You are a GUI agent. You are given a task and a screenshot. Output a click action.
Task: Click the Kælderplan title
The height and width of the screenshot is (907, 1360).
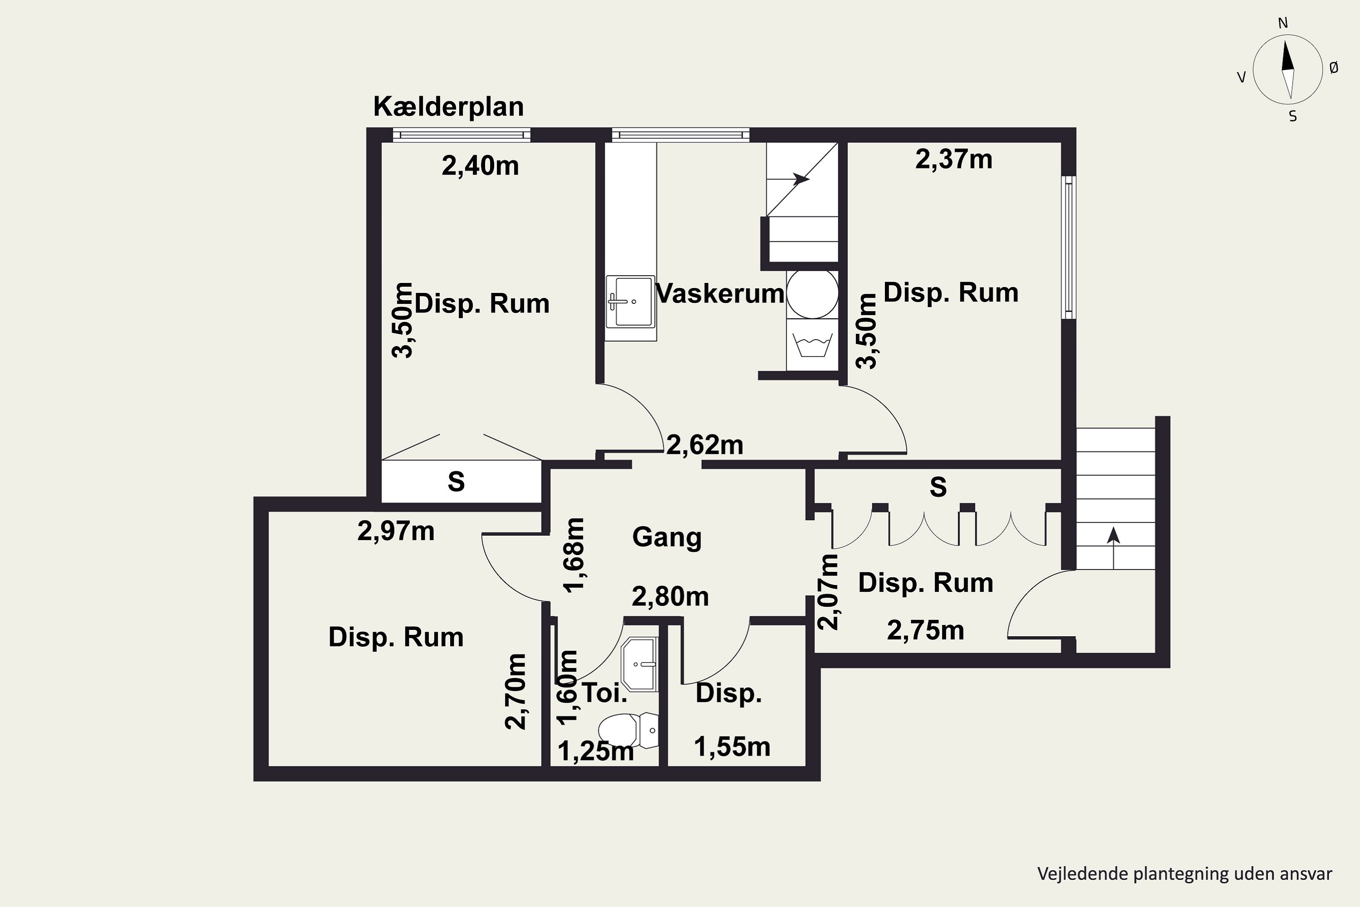click(x=449, y=107)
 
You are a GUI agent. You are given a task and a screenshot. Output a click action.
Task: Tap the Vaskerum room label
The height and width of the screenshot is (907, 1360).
click(x=720, y=293)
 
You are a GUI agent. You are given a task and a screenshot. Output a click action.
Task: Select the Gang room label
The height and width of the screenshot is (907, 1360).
click(x=667, y=537)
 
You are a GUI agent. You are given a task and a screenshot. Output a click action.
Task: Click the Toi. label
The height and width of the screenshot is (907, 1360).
click(x=604, y=692)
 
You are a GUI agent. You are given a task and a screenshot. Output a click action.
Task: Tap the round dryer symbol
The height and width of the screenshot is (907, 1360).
click(x=812, y=293)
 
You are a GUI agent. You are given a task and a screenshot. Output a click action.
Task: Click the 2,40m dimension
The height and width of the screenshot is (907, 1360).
click(x=480, y=166)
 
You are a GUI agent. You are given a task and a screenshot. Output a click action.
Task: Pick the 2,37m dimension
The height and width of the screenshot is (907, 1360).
click(x=953, y=159)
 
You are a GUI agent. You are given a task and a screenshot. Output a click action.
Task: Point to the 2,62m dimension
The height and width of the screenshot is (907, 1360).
click(x=704, y=445)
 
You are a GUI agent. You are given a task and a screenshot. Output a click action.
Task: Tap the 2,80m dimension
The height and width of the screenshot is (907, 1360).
click(x=670, y=596)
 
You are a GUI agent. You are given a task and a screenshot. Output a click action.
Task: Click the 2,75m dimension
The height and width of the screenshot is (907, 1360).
click(x=925, y=630)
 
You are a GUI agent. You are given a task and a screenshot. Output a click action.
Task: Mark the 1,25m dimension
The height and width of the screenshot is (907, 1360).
click(x=596, y=751)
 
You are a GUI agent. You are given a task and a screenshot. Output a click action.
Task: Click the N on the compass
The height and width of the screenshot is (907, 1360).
click(x=1282, y=23)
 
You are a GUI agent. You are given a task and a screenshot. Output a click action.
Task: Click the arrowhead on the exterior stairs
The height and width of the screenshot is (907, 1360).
click(x=1113, y=535)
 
